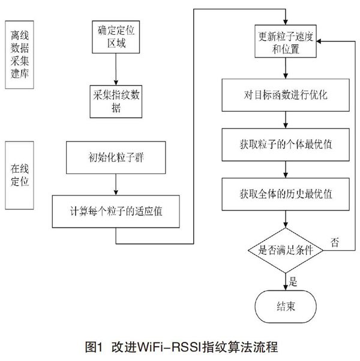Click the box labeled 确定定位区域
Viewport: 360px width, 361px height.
(116, 37)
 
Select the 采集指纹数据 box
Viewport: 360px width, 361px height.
(116, 101)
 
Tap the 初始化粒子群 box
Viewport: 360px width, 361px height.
(116, 158)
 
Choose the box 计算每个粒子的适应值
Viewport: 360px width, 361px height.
(116, 211)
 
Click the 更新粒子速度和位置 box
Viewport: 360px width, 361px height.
(286, 41)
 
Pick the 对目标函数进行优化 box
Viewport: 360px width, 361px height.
(286, 95)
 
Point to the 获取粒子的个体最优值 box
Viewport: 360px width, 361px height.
(286, 145)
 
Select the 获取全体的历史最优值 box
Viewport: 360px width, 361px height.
(286, 194)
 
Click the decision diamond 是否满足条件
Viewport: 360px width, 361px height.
(286, 250)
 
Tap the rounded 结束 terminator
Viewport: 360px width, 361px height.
(286, 306)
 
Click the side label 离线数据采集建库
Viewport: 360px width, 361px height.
(20, 55)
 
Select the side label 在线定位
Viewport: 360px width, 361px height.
(20, 176)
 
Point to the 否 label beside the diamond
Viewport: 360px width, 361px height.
(335, 242)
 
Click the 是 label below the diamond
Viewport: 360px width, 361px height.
(293, 281)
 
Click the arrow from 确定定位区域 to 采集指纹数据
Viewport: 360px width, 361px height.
(116, 70)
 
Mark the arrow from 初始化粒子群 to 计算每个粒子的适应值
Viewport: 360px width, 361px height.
(116, 185)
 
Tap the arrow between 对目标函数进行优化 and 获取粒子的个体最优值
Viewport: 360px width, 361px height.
(286, 120)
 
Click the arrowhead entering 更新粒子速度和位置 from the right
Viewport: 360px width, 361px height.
(319, 41)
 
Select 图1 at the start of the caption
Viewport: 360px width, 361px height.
(94, 347)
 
